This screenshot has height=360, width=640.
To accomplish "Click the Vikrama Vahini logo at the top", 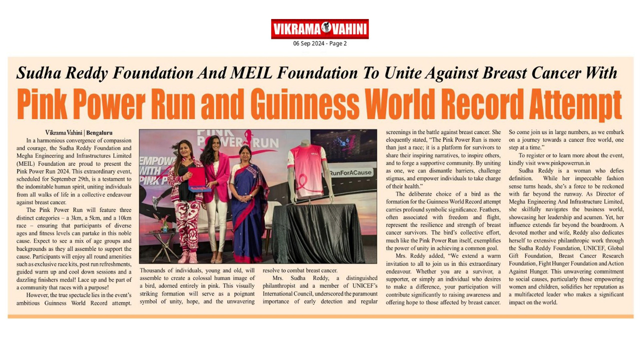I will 319,29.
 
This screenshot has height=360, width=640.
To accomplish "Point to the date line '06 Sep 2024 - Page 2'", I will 319,43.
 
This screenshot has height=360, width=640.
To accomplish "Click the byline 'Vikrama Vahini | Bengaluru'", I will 78,133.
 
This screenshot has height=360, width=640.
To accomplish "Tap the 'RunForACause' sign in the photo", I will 350,172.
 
